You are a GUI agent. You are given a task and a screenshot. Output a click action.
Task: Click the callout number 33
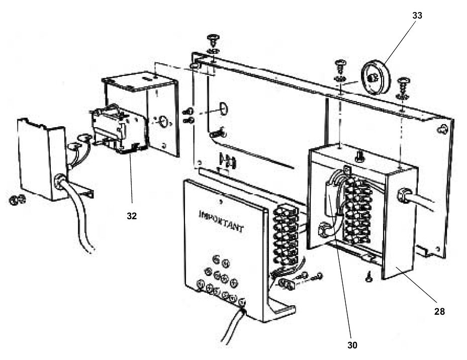pyautogui.click(x=417, y=16)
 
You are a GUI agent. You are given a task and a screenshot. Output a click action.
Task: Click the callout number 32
pyautogui.click(x=132, y=216)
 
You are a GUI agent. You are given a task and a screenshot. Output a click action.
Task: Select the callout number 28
pyautogui.click(x=439, y=311)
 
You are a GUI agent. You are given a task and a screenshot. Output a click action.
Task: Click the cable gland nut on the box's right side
pyautogui.click(x=405, y=195)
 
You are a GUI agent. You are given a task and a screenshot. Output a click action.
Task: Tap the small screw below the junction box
pyautogui.click(x=369, y=276)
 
